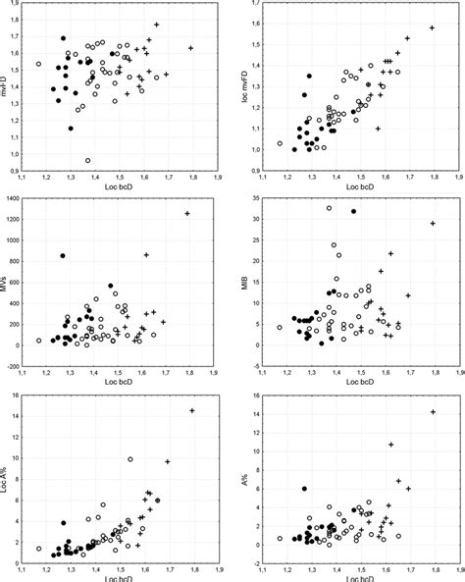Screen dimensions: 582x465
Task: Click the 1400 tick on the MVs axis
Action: click(x=17, y=199)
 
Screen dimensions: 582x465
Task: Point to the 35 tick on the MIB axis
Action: click(x=256, y=199)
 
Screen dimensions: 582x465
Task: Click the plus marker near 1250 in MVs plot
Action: click(x=187, y=213)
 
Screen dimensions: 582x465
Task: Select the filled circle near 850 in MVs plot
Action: click(x=63, y=256)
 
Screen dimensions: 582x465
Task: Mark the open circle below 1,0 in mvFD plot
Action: click(x=88, y=160)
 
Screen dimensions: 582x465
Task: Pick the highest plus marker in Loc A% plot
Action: click(x=192, y=410)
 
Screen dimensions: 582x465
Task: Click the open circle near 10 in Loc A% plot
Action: click(x=130, y=458)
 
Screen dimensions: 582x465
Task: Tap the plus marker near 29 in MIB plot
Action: click(x=433, y=224)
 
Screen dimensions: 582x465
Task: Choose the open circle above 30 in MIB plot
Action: click(x=329, y=208)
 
